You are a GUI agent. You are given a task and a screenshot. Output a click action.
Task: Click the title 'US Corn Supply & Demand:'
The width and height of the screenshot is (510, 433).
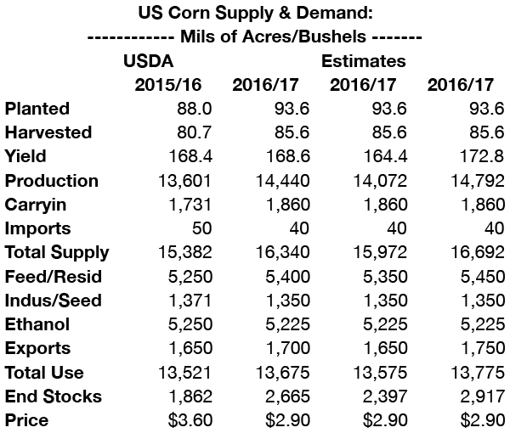[x=254, y=14]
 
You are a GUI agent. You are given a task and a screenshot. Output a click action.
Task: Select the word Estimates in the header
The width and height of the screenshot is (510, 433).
[x=363, y=61]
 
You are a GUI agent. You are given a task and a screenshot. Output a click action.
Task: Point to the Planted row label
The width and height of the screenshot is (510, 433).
[x=37, y=109]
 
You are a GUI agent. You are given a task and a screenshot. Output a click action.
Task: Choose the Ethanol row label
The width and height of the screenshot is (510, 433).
[x=37, y=323]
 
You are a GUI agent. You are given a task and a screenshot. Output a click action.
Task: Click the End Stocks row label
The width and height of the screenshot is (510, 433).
[x=53, y=396]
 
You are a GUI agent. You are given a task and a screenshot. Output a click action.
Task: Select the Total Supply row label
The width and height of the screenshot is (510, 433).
[x=57, y=252]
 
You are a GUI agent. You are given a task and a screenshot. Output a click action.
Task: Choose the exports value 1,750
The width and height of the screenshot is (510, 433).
[x=479, y=348]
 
